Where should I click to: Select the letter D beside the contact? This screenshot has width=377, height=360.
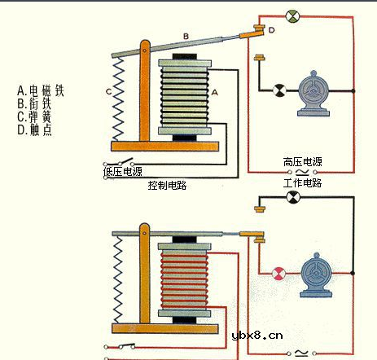(x=271, y=30)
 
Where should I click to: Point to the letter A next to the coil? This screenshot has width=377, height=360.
(x=216, y=94)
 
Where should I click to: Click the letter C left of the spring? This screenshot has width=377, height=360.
(x=107, y=91)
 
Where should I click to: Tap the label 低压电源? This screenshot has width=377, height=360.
(x=123, y=172)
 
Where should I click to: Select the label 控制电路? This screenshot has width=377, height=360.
(x=169, y=186)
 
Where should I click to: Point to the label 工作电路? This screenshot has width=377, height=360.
(x=303, y=184)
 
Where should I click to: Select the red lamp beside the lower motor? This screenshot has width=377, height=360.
(x=280, y=272)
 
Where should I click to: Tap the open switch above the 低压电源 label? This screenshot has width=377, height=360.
(x=126, y=160)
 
